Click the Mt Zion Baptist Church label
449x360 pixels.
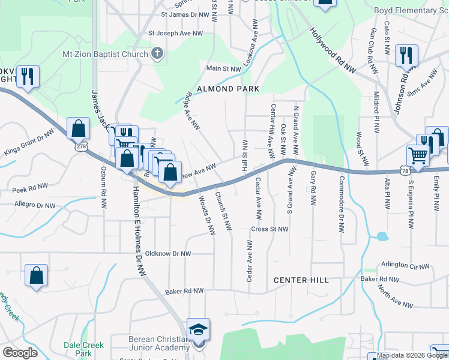tap(105, 55)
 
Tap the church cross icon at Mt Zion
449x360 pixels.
tap(157, 55)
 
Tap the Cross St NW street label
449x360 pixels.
tap(270, 229)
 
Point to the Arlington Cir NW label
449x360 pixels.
tap(406, 266)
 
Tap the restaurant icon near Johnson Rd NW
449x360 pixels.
tap(407, 56)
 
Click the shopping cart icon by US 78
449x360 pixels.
tap(418, 155)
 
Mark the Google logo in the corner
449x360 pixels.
tap(20, 352)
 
